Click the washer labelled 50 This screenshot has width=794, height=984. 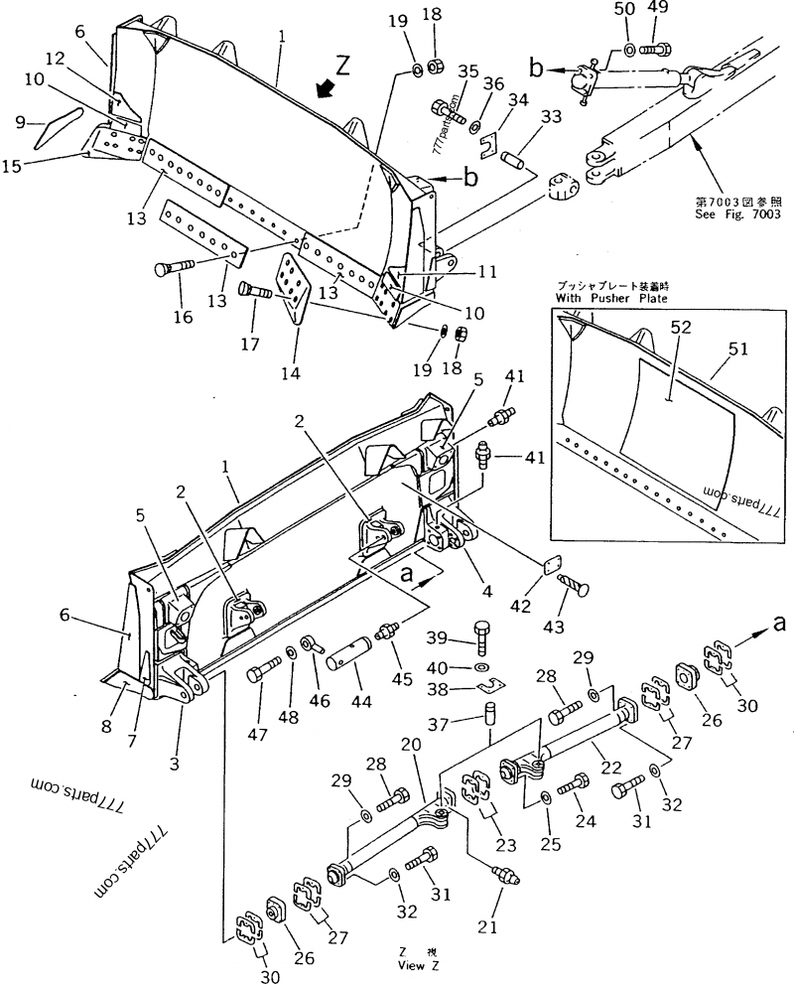pos(629,50)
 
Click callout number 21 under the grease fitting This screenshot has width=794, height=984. pos(486,927)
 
